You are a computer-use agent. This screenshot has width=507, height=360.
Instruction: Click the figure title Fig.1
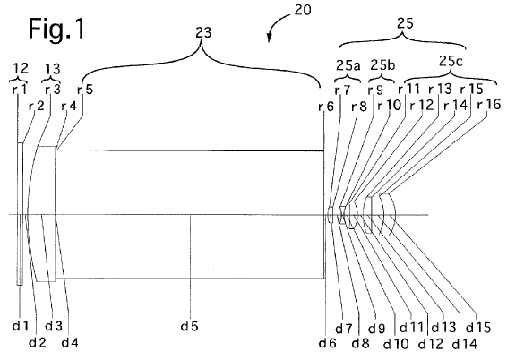[x=56, y=29]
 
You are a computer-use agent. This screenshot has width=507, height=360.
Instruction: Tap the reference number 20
[x=303, y=10]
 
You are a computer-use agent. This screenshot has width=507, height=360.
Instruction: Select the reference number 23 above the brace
[x=203, y=32]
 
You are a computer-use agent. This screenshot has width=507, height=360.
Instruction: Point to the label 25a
[x=348, y=65]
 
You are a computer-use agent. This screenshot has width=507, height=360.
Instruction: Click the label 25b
[x=382, y=65]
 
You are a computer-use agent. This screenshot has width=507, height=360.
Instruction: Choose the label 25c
[x=451, y=62]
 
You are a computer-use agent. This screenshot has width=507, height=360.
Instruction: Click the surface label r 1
[x=20, y=90]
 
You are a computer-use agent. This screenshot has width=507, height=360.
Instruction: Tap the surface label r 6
[x=325, y=106]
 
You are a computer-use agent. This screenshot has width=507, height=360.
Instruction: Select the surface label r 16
[x=489, y=105]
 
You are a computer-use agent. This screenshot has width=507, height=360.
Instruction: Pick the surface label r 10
[x=390, y=105]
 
